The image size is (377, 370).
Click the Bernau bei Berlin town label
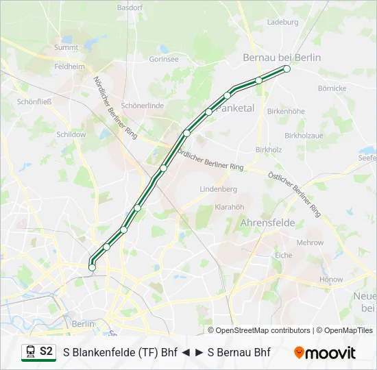(x=282, y=58)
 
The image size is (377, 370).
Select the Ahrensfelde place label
(x=267, y=223)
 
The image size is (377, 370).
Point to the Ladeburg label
(x=282, y=22)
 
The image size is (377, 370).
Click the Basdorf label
(x=129, y=8)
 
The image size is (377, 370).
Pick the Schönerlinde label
(x=142, y=106)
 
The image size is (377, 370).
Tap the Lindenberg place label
(x=218, y=189)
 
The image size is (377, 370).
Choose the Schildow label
(x=71, y=134)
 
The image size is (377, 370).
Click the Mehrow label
(x=310, y=243)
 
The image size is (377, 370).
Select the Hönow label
(x=331, y=280)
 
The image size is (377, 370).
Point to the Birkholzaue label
(x=304, y=136)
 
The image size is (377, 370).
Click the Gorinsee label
(x=164, y=60)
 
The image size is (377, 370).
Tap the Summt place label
(x=66, y=48)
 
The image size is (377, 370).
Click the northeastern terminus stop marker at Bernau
(x=287, y=69)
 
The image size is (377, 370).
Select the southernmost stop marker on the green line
(x=92, y=268)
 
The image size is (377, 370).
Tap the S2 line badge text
(x=46, y=351)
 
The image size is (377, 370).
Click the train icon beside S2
(x=31, y=352)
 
